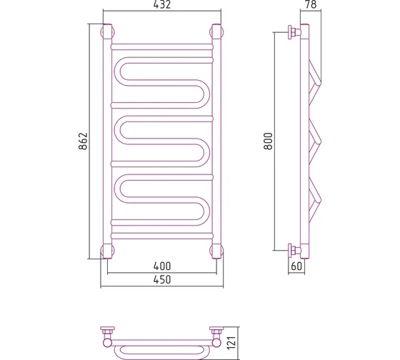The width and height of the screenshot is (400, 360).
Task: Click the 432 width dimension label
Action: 162,4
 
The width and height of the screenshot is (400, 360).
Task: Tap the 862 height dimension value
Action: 83,141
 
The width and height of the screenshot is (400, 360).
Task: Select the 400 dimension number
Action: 162,266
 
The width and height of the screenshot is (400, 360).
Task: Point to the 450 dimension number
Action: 162,280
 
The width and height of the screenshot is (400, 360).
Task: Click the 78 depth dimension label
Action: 311,4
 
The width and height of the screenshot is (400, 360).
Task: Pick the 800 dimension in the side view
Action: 268,141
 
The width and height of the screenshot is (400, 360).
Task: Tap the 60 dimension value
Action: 296,266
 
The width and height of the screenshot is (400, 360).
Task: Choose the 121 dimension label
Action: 231,343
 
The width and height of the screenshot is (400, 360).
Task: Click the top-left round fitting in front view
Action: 108,32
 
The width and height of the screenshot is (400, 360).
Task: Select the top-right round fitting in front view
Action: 216,32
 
